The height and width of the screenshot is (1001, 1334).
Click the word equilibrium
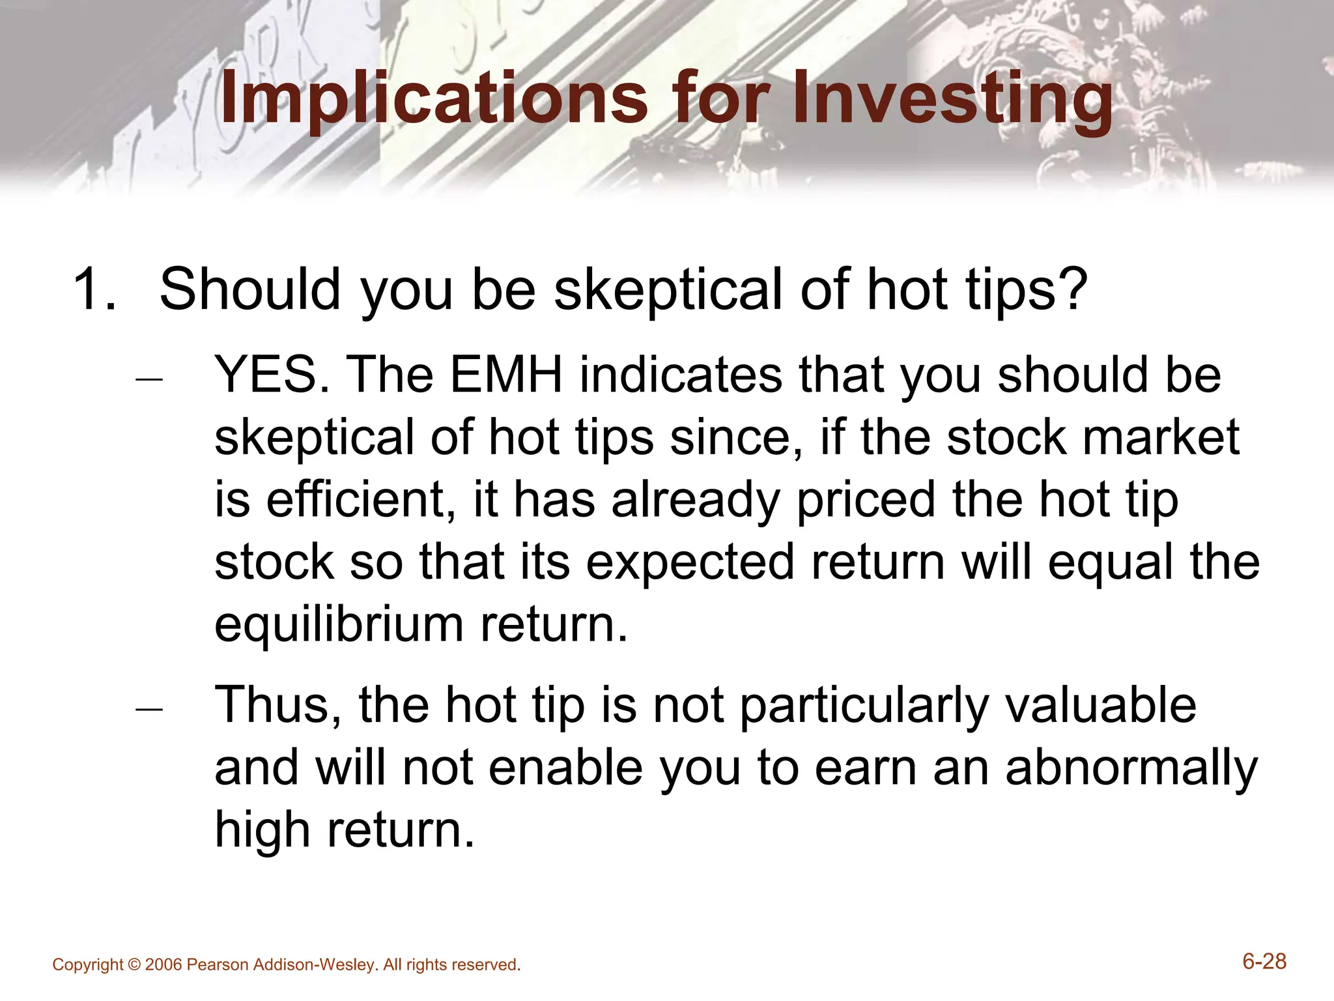click(x=339, y=624)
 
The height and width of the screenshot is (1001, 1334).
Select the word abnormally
click(x=1131, y=768)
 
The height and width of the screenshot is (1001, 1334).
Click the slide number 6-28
click(x=1264, y=962)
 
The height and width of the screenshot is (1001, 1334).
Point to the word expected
click(x=690, y=562)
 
